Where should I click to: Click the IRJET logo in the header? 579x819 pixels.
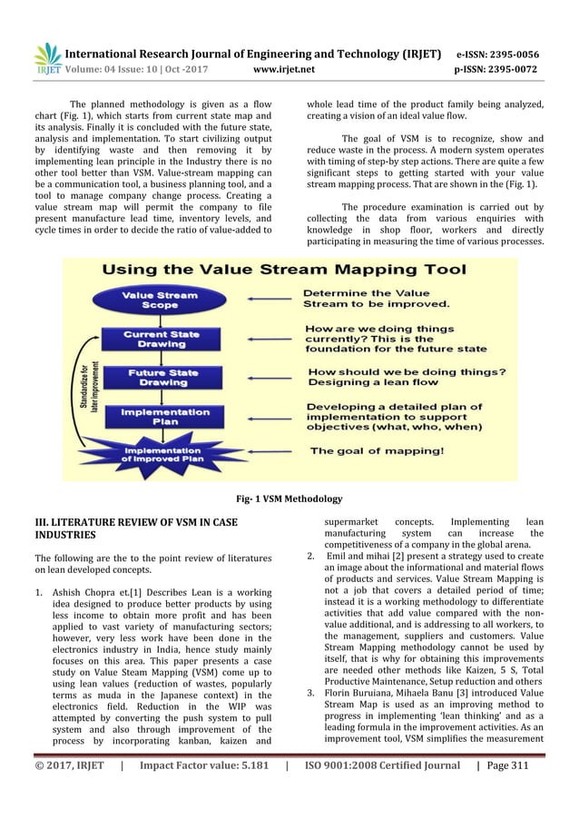[46, 58]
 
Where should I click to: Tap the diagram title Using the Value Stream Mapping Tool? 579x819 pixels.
[284, 270]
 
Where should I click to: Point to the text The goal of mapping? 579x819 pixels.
[378, 450]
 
